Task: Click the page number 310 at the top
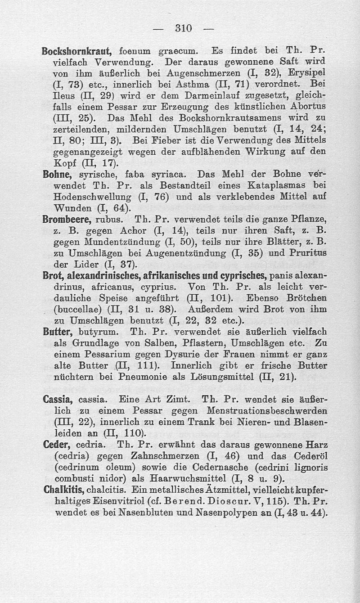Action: [x=183, y=28]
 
